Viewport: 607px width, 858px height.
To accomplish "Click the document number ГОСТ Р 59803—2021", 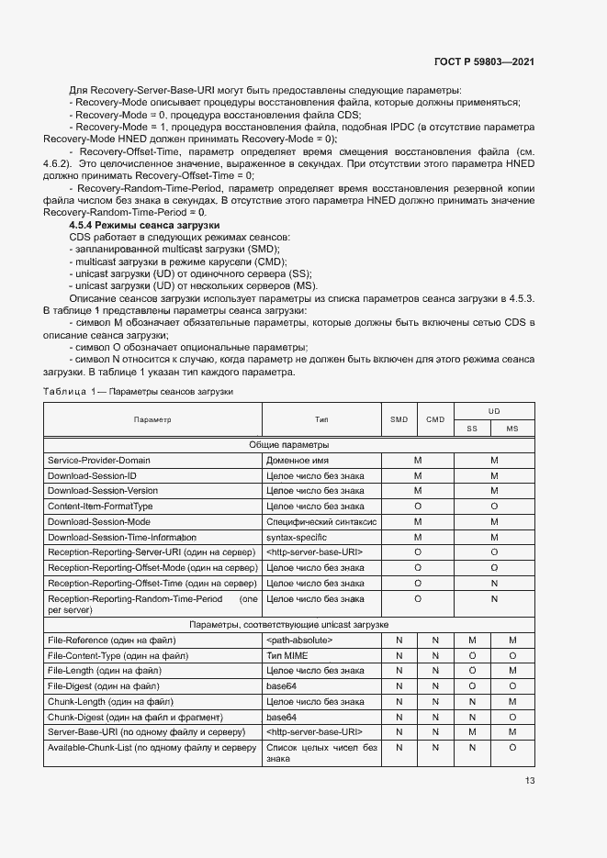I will (483, 61).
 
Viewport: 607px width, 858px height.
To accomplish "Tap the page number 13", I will (530, 781).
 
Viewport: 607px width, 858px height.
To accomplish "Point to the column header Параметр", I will (152, 419).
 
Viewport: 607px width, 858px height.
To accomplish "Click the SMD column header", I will (399, 419).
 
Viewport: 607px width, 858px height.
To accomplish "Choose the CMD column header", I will (435, 419).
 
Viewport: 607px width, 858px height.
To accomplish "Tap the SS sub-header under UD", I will (472, 429).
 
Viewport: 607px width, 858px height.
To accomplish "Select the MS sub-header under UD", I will (512, 429).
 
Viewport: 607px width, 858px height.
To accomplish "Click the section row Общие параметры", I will (289, 445).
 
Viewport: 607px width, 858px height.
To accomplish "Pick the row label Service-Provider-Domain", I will (99, 460).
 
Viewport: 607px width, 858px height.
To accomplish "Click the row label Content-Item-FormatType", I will (100, 506).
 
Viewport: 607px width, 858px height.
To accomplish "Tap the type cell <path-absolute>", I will (299, 640).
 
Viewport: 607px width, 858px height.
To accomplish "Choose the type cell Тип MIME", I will (287, 655).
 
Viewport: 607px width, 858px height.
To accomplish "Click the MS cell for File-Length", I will (512, 671).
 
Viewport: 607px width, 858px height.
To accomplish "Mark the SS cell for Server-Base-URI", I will (472, 731).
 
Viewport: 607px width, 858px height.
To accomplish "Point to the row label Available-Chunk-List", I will (152, 748).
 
